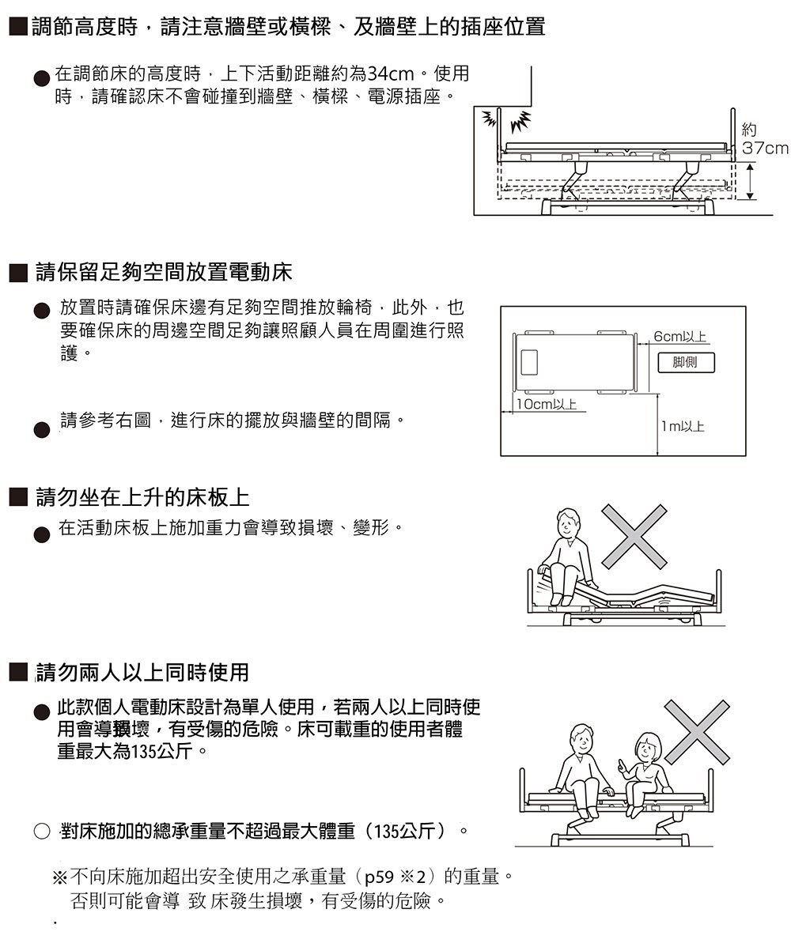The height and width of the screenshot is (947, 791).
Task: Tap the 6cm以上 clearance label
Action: (x=679, y=338)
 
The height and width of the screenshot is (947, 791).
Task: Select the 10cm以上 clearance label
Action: (x=545, y=404)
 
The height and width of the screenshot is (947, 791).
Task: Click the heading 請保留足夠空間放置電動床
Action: (x=164, y=274)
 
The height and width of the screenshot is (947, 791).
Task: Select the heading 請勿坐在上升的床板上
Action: (x=142, y=497)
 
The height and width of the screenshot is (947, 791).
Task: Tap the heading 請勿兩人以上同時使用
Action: (x=142, y=672)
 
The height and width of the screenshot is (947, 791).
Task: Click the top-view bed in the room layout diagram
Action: (x=575, y=362)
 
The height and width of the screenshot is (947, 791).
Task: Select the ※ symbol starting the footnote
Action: (x=60, y=877)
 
